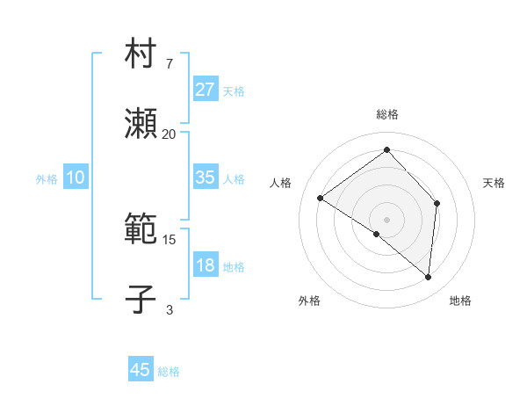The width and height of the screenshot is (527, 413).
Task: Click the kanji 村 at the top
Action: coord(141,54)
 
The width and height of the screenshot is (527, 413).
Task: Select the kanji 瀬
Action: coord(141,124)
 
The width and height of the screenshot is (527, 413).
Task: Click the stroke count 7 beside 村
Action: coord(169,64)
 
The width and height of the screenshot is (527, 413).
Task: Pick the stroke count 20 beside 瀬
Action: coord(169,134)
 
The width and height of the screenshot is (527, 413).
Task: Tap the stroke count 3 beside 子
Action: coord(169,310)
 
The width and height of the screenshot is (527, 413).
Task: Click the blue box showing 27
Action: coord(205,90)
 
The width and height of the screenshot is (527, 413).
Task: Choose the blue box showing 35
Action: coord(205,178)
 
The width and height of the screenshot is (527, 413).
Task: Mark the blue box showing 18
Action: coord(205,265)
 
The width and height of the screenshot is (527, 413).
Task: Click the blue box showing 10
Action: coord(76,178)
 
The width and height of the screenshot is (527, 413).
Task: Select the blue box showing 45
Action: coord(141,370)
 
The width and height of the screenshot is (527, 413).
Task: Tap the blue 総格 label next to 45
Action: coord(169,372)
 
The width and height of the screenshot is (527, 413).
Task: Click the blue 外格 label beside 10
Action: coord(47,179)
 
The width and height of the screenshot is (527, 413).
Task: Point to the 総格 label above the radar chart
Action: coord(386,114)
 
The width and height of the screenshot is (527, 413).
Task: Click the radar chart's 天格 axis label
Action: coord(494,183)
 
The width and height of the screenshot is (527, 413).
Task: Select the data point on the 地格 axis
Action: coord(428,277)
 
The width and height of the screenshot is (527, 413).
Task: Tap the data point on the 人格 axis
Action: coord(321,198)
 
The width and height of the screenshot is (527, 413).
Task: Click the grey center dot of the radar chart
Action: coord(386,219)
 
